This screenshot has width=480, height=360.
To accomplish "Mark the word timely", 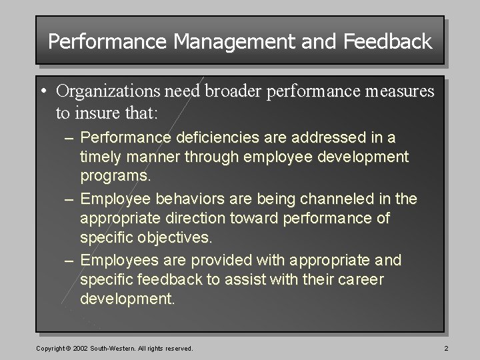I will [101, 157].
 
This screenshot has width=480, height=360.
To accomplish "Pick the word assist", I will [235, 280].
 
